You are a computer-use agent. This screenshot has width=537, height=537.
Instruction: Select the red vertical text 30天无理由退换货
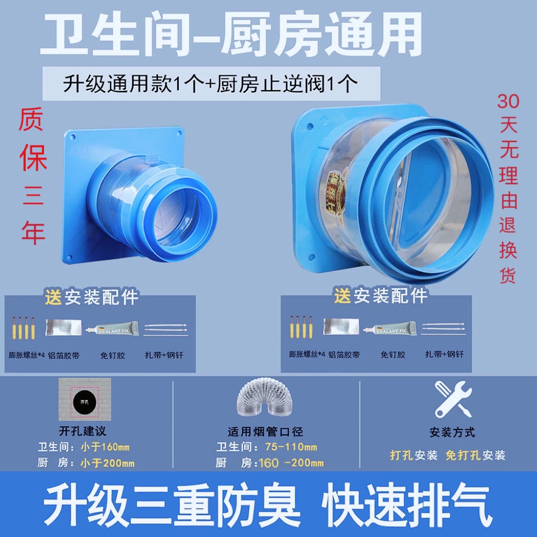pos(508,189)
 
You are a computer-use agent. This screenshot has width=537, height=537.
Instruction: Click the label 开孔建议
pos(82,432)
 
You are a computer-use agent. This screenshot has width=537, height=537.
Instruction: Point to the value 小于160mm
pos(104,447)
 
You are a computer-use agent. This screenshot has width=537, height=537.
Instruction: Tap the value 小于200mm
pos(107,463)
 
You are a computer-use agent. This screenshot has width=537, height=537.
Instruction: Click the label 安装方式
pos(452,433)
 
